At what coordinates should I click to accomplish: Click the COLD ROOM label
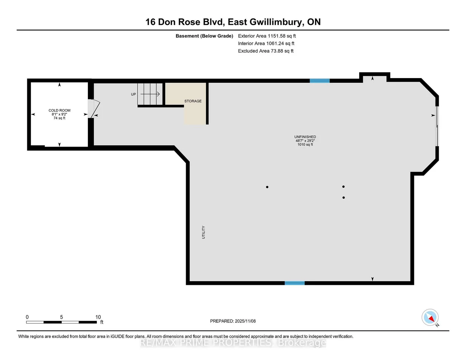[x=60, y=110]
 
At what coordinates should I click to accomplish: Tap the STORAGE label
[x=193, y=101]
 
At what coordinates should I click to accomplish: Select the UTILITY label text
[x=204, y=232]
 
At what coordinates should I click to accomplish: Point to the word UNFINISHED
[x=305, y=137]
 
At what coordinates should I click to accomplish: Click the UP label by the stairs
[x=133, y=94]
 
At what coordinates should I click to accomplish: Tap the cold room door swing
[x=94, y=109]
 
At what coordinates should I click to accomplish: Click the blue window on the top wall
[x=319, y=81]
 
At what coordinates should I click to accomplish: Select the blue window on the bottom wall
[x=294, y=283]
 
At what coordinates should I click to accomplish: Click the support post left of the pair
[x=267, y=187]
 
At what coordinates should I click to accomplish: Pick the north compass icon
[x=430, y=317]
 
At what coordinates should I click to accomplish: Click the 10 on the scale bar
[x=98, y=317]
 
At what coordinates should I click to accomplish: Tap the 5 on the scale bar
[x=62, y=317]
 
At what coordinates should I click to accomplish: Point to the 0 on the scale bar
[x=27, y=317]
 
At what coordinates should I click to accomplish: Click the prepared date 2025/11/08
[x=245, y=321]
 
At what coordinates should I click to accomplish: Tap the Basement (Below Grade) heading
[x=204, y=36]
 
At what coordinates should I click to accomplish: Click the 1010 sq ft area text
[x=305, y=144]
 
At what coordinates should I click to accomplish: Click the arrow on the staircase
[x=150, y=94]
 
